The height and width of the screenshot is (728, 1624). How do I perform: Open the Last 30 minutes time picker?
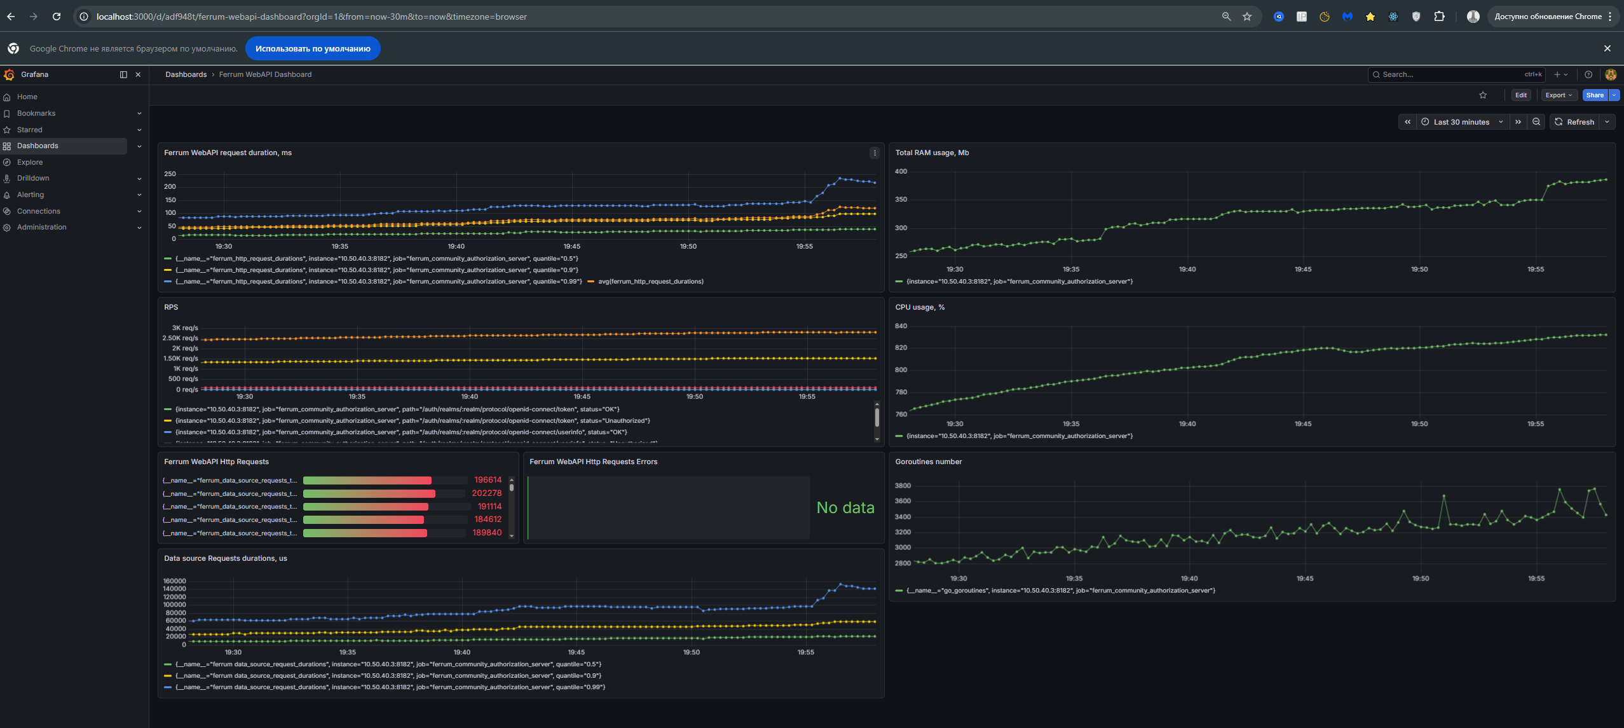click(1461, 122)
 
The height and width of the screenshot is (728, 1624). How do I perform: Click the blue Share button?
click(1594, 95)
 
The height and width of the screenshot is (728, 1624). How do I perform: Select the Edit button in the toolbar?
click(1520, 95)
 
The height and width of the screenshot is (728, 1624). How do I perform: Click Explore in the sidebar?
click(30, 162)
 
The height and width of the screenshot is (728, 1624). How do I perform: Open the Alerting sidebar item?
click(31, 195)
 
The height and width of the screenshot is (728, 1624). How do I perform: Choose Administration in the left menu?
click(41, 227)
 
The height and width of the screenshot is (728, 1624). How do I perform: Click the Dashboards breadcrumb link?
click(186, 74)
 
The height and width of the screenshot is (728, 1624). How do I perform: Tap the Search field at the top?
click(1449, 74)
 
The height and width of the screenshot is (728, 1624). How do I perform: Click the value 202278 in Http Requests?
click(486, 493)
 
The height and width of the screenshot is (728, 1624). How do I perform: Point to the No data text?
click(845, 507)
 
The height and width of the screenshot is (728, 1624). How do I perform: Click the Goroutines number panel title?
click(928, 462)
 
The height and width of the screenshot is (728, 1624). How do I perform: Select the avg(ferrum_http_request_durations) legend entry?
click(650, 282)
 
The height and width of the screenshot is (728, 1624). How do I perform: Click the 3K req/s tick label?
click(185, 328)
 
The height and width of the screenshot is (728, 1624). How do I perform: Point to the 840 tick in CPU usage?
click(901, 326)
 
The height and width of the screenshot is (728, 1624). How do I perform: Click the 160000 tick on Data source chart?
click(175, 581)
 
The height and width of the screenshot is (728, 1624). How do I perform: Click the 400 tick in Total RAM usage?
click(901, 172)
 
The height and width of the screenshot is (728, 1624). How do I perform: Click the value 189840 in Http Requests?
click(487, 533)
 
